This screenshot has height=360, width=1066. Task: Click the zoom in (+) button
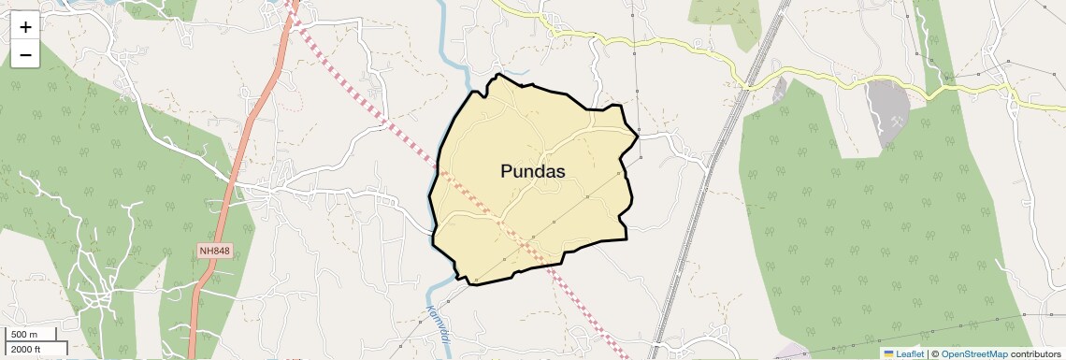(x=25, y=27)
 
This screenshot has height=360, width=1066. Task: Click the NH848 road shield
(x=214, y=252)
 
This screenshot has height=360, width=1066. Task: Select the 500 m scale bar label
(x=25, y=335)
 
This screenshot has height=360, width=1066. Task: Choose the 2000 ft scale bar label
(x=28, y=350)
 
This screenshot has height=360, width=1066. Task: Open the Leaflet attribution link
(x=910, y=353)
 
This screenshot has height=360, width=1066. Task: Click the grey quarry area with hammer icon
(x=884, y=103)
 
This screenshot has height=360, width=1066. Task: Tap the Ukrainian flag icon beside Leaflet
(x=888, y=353)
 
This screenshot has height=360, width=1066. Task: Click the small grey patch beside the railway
(x=779, y=91)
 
